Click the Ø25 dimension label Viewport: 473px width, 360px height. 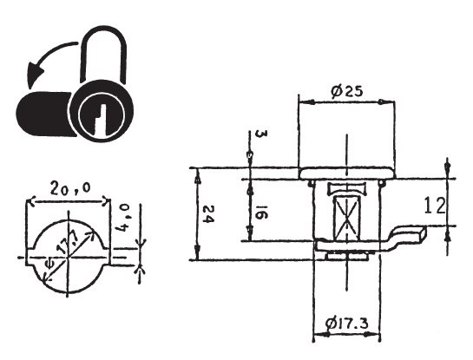tap(346, 91)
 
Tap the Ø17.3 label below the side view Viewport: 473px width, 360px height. tap(347, 324)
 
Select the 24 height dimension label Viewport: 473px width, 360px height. tap(208, 213)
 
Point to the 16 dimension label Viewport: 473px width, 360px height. tap(261, 213)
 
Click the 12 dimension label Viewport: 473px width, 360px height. tap(435, 206)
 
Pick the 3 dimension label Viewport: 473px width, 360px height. tap(261, 134)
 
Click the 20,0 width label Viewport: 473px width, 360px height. tap(70, 188)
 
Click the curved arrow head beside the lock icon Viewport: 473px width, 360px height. tap(35, 74)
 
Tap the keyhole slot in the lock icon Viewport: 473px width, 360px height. tap(101, 119)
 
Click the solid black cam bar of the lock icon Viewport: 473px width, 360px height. tap(44, 114)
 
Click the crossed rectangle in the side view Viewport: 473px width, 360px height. tap(347, 218)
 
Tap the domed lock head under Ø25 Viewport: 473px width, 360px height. tap(347, 173)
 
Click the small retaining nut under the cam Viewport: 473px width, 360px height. tap(347, 256)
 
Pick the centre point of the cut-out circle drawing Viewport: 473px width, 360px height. tap(69, 257)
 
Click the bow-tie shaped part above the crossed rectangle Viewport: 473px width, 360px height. tap(347, 188)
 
